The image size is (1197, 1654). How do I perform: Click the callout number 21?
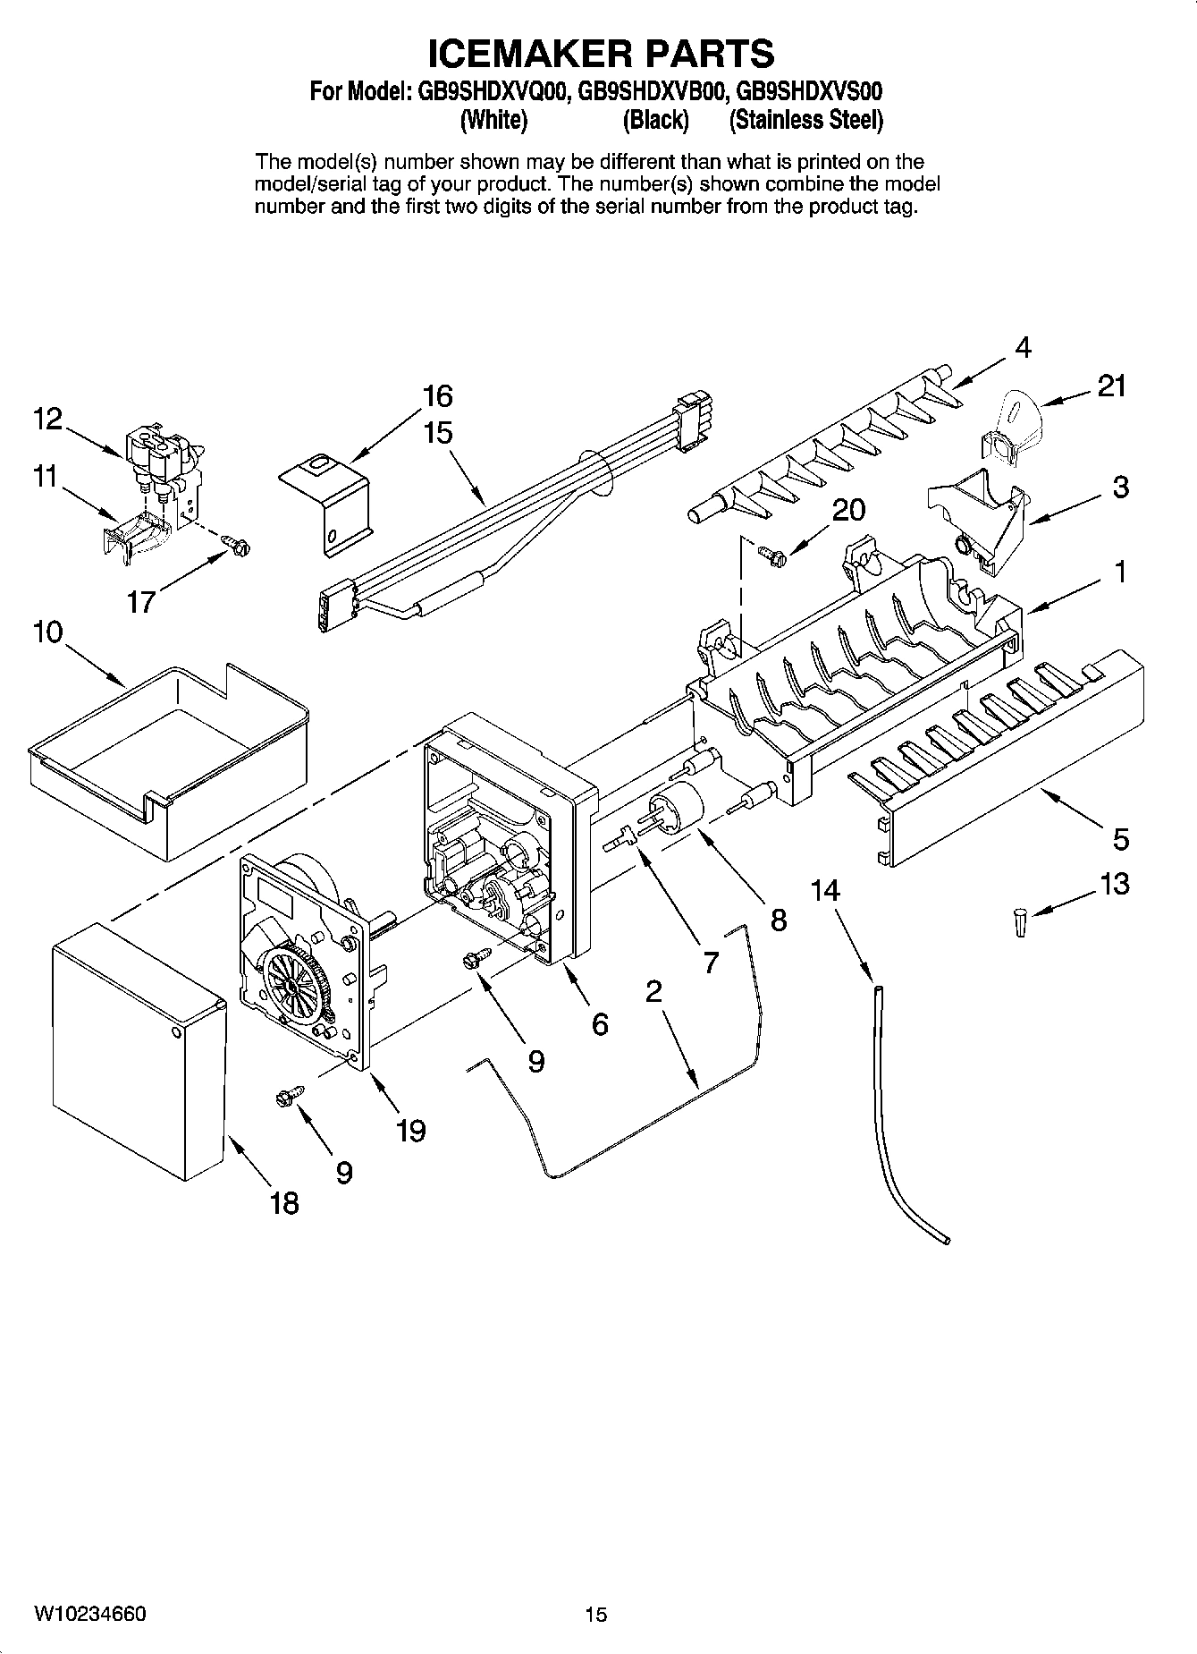click(1111, 386)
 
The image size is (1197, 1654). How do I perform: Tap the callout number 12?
click(48, 418)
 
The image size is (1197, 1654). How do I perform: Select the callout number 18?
click(284, 1203)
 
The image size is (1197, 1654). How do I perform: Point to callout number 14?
click(826, 890)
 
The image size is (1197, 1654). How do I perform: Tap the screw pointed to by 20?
click(770, 556)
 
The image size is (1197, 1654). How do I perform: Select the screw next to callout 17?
click(238, 542)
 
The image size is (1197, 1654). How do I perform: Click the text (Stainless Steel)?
click(805, 120)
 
